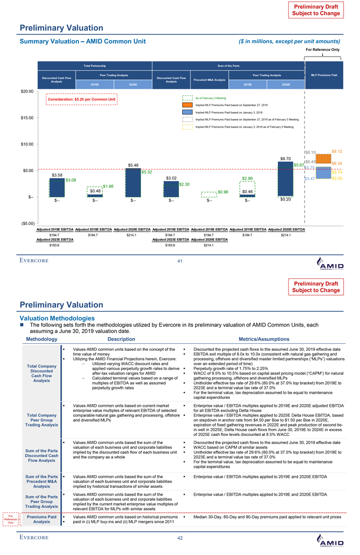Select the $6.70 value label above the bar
click(x=285, y=158)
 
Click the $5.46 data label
click(x=133, y=166)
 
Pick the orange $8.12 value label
click(x=337, y=151)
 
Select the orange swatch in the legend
click(x=187, y=105)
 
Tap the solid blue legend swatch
click(x=187, y=113)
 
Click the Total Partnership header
click(x=94, y=66)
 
